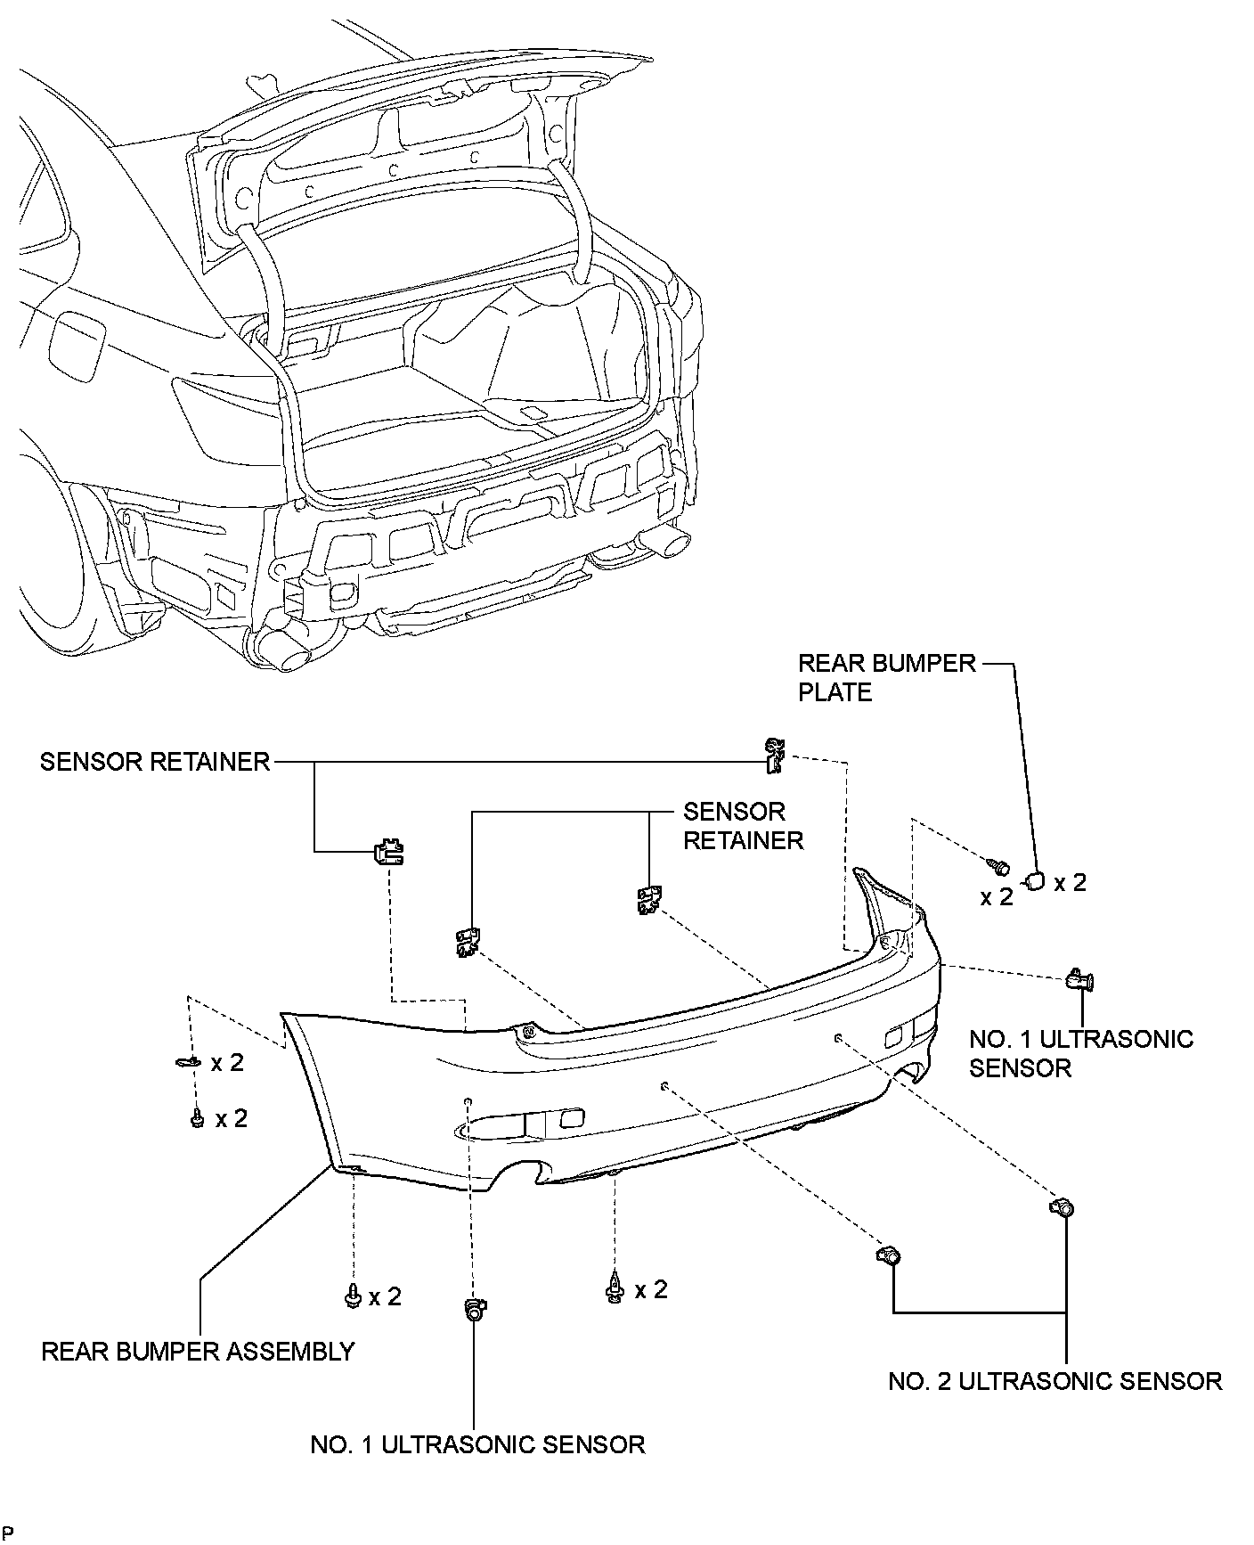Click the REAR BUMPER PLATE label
click(x=887, y=677)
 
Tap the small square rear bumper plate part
click(x=1037, y=881)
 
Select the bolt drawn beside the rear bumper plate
click(x=997, y=864)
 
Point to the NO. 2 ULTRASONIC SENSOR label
click(x=1055, y=1381)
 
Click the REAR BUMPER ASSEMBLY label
click(x=198, y=1352)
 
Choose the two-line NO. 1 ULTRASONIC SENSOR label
click(x=1081, y=1053)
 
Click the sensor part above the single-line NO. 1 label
click(x=476, y=1309)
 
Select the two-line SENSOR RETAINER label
click(x=743, y=826)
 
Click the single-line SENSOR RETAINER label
click(x=155, y=762)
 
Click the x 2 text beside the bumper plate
click(x=1071, y=883)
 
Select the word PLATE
click(x=835, y=692)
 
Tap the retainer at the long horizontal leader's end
click(x=775, y=754)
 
